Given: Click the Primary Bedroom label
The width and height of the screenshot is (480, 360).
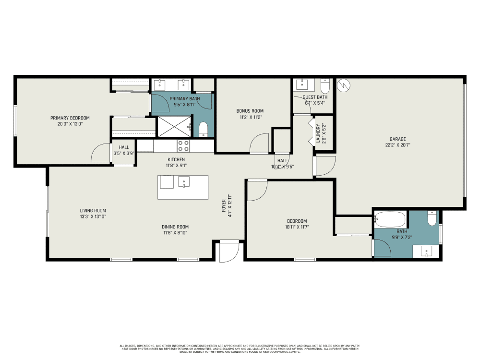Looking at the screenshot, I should click(70, 118).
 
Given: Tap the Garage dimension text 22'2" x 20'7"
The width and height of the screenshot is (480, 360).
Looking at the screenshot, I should click(398, 144).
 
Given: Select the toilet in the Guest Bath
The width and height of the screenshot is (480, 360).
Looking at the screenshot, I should click(325, 87).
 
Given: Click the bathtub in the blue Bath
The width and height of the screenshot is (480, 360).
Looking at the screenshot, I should click(390, 219).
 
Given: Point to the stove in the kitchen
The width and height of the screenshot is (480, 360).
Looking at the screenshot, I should click(183, 145).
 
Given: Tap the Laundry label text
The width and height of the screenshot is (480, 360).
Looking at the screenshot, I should click(318, 133).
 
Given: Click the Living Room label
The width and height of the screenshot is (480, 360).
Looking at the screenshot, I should click(93, 210).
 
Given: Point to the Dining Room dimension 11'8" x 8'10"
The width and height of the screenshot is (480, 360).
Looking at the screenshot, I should click(175, 233).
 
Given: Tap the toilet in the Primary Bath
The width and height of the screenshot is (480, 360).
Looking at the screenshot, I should click(203, 129).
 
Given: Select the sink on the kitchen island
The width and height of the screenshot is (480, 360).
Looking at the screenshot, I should click(184, 182).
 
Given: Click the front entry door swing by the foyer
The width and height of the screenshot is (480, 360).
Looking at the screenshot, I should click(228, 252).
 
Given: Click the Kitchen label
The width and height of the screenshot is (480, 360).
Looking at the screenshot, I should click(176, 159).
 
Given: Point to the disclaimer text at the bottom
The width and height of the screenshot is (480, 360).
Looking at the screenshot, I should click(240, 348).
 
